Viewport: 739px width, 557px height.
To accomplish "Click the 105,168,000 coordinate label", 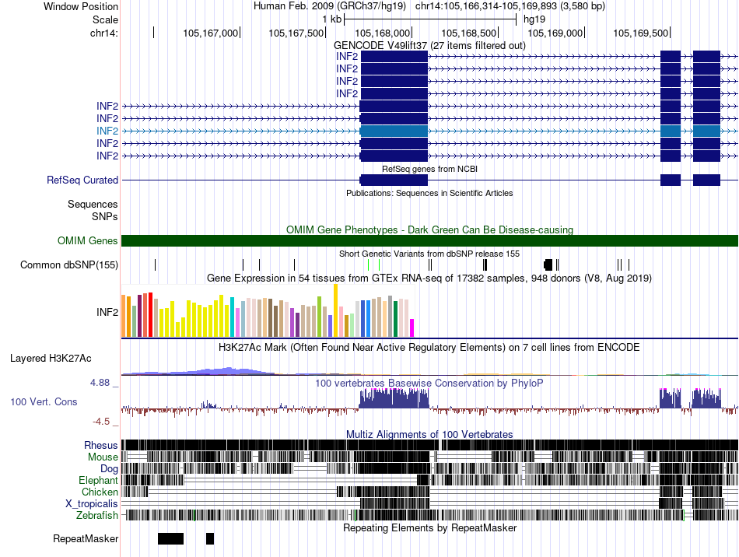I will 382,33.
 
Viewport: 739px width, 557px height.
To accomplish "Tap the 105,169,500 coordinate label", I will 641,33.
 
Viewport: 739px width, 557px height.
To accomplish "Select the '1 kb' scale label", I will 331,19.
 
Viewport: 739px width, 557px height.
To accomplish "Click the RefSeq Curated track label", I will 82,180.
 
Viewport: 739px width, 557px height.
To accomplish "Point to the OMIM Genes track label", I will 88,241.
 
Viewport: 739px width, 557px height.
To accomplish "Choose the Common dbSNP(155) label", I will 69,265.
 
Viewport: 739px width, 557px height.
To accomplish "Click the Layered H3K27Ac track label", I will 51,359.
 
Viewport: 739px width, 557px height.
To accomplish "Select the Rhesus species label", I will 101,445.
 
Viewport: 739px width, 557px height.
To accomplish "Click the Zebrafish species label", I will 97,515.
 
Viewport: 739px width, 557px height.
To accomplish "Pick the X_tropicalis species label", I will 92,503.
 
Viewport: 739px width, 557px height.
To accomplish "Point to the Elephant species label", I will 98,480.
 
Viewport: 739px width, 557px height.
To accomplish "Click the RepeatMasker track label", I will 86,538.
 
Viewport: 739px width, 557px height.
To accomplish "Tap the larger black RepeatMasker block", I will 170,538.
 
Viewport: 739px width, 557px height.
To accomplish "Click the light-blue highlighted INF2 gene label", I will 107,131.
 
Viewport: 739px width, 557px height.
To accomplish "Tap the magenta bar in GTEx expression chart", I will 412,328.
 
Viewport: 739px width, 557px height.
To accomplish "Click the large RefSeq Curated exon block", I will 394,180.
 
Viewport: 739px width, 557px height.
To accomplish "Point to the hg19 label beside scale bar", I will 534,19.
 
